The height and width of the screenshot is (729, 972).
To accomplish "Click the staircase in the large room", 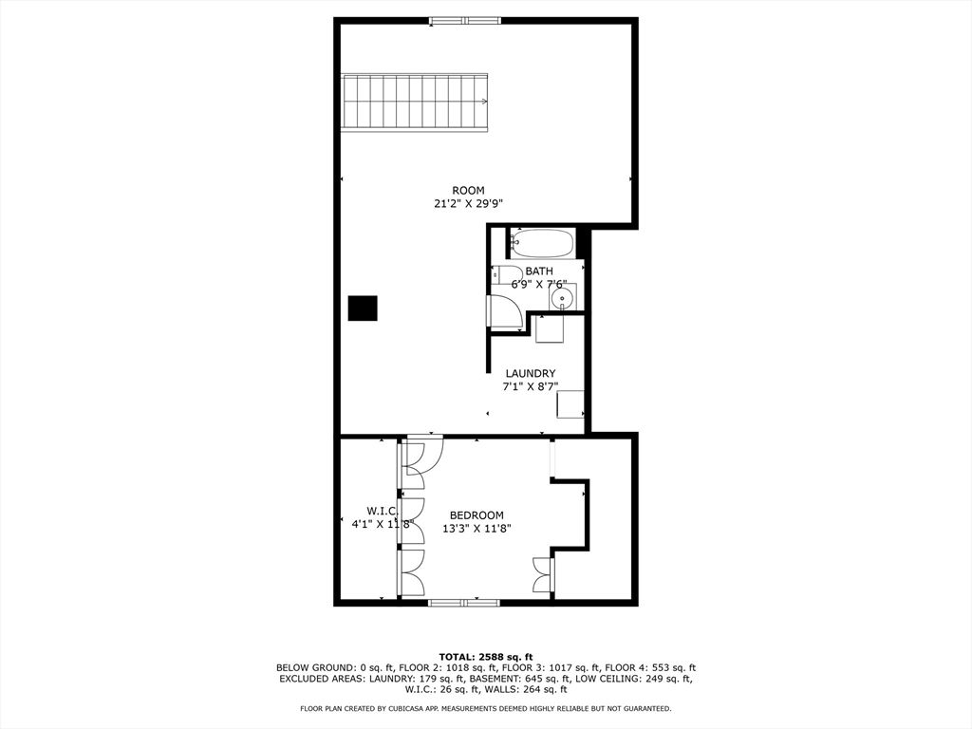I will coord(415,103).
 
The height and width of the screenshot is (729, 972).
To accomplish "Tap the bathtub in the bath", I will coord(542,244).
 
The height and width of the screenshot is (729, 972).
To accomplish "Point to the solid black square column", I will coord(362,308).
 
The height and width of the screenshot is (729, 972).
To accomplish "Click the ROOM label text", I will coord(468,191).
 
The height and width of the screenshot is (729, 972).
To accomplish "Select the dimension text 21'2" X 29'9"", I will coord(468,203).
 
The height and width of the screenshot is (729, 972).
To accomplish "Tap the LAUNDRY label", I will coord(530,374).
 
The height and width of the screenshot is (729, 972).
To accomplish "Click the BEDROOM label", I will coord(477,515).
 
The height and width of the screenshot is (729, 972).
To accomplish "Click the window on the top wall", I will coord(464,20).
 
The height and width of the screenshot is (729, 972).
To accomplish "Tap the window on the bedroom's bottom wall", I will coord(464,602).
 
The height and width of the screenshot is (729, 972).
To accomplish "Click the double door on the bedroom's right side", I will coord(543,575).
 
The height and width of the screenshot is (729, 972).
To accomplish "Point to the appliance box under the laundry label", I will coord(570,403).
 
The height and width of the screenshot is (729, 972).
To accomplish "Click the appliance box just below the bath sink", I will coord(550,328).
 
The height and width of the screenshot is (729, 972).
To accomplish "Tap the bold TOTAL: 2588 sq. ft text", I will coord(485,657).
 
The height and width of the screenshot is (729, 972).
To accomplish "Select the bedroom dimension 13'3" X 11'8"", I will coord(477,529).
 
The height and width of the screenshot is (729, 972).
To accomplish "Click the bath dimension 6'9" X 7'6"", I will coord(538,284).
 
